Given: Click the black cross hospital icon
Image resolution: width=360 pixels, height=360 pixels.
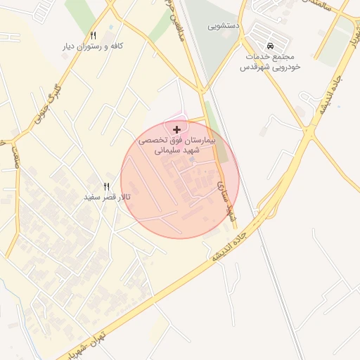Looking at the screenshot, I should coord(176,129).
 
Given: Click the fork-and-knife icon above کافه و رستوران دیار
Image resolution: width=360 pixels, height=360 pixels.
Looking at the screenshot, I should coord(93,34).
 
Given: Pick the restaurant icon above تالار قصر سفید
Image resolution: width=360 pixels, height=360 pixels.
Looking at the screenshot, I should coord(107,186).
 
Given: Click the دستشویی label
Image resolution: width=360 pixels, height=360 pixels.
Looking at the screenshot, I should coord(224,25).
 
